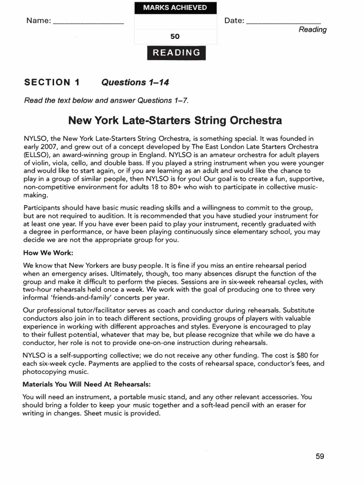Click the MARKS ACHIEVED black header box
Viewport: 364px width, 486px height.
[x=175, y=8]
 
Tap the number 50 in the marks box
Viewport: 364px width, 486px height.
[x=175, y=37]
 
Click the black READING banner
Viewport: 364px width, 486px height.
[x=176, y=53]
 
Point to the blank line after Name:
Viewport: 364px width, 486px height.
[x=88, y=22]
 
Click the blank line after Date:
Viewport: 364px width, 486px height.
[x=283, y=22]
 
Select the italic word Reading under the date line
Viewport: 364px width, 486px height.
[x=312, y=29]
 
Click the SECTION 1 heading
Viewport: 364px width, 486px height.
[x=52, y=82]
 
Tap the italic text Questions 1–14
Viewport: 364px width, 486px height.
[x=135, y=82]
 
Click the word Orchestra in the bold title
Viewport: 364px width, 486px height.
[x=253, y=120]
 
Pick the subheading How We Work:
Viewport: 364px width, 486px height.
[x=48, y=253]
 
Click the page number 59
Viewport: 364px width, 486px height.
[x=320, y=457]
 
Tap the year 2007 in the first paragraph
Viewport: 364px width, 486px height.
[x=52, y=147]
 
